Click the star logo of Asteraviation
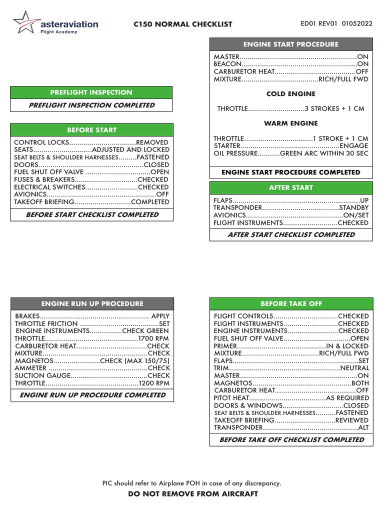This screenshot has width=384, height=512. (x=22, y=23)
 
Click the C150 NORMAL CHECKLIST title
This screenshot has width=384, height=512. (x=184, y=24)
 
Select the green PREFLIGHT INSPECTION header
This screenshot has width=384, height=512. (x=91, y=92)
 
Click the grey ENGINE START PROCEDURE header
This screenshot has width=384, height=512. (x=290, y=44)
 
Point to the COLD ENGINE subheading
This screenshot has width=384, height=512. (x=290, y=93)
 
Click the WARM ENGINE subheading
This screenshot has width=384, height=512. (x=290, y=123)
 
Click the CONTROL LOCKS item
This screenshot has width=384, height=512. (x=37, y=142)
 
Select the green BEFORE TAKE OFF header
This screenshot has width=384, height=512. (x=291, y=303)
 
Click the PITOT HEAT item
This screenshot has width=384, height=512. (x=231, y=398)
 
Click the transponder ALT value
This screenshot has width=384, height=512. (x=363, y=428)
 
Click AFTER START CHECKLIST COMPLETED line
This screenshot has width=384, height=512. (x=291, y=234)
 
